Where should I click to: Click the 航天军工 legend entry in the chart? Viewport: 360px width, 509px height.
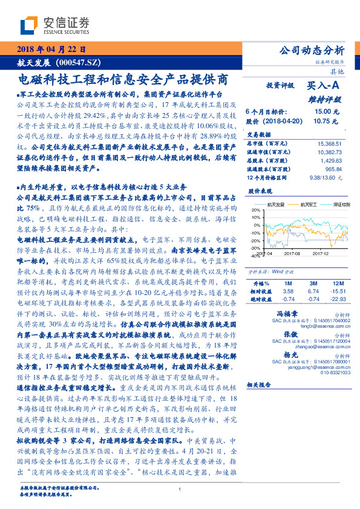(309, 205)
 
